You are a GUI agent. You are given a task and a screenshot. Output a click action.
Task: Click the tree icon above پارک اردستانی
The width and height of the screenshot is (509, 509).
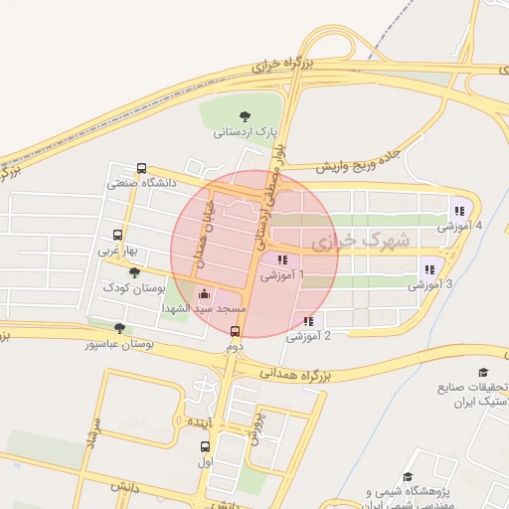tap(246, 114)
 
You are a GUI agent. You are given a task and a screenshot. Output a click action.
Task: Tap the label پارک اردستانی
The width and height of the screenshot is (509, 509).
tap(246, 131)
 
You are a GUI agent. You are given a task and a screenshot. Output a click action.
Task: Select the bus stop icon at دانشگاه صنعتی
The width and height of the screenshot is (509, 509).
tap(141, 168)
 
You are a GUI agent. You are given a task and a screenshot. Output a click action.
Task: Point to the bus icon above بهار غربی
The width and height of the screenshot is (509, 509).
tap(119, 236)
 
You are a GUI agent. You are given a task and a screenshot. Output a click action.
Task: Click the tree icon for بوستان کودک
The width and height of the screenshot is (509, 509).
tap(134, 271)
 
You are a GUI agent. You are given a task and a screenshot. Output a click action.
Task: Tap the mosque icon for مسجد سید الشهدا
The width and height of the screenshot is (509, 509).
tap(204, 293)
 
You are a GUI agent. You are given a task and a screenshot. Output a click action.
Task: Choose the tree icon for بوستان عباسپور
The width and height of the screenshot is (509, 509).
tap(120, 327)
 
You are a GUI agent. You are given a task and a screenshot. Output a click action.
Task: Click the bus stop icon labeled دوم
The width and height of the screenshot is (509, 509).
tap(236, 332)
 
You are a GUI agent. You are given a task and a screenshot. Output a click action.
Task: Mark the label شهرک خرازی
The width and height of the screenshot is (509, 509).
tap(359, 241)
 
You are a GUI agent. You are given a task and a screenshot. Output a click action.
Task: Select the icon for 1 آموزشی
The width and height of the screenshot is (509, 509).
tap(282, 259)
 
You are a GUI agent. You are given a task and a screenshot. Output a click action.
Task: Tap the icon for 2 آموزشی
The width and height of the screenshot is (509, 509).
tap(308, 321)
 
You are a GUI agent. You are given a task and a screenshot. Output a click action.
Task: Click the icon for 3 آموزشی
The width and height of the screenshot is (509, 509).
tap(429, 268)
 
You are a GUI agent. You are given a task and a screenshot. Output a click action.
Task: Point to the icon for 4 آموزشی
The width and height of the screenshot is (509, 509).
tap(458, 211)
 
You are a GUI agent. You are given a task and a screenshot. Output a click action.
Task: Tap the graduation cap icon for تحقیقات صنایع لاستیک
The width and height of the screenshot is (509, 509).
tap(483, 371)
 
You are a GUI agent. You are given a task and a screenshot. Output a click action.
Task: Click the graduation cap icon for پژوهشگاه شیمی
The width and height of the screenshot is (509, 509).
tap(408, 477)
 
